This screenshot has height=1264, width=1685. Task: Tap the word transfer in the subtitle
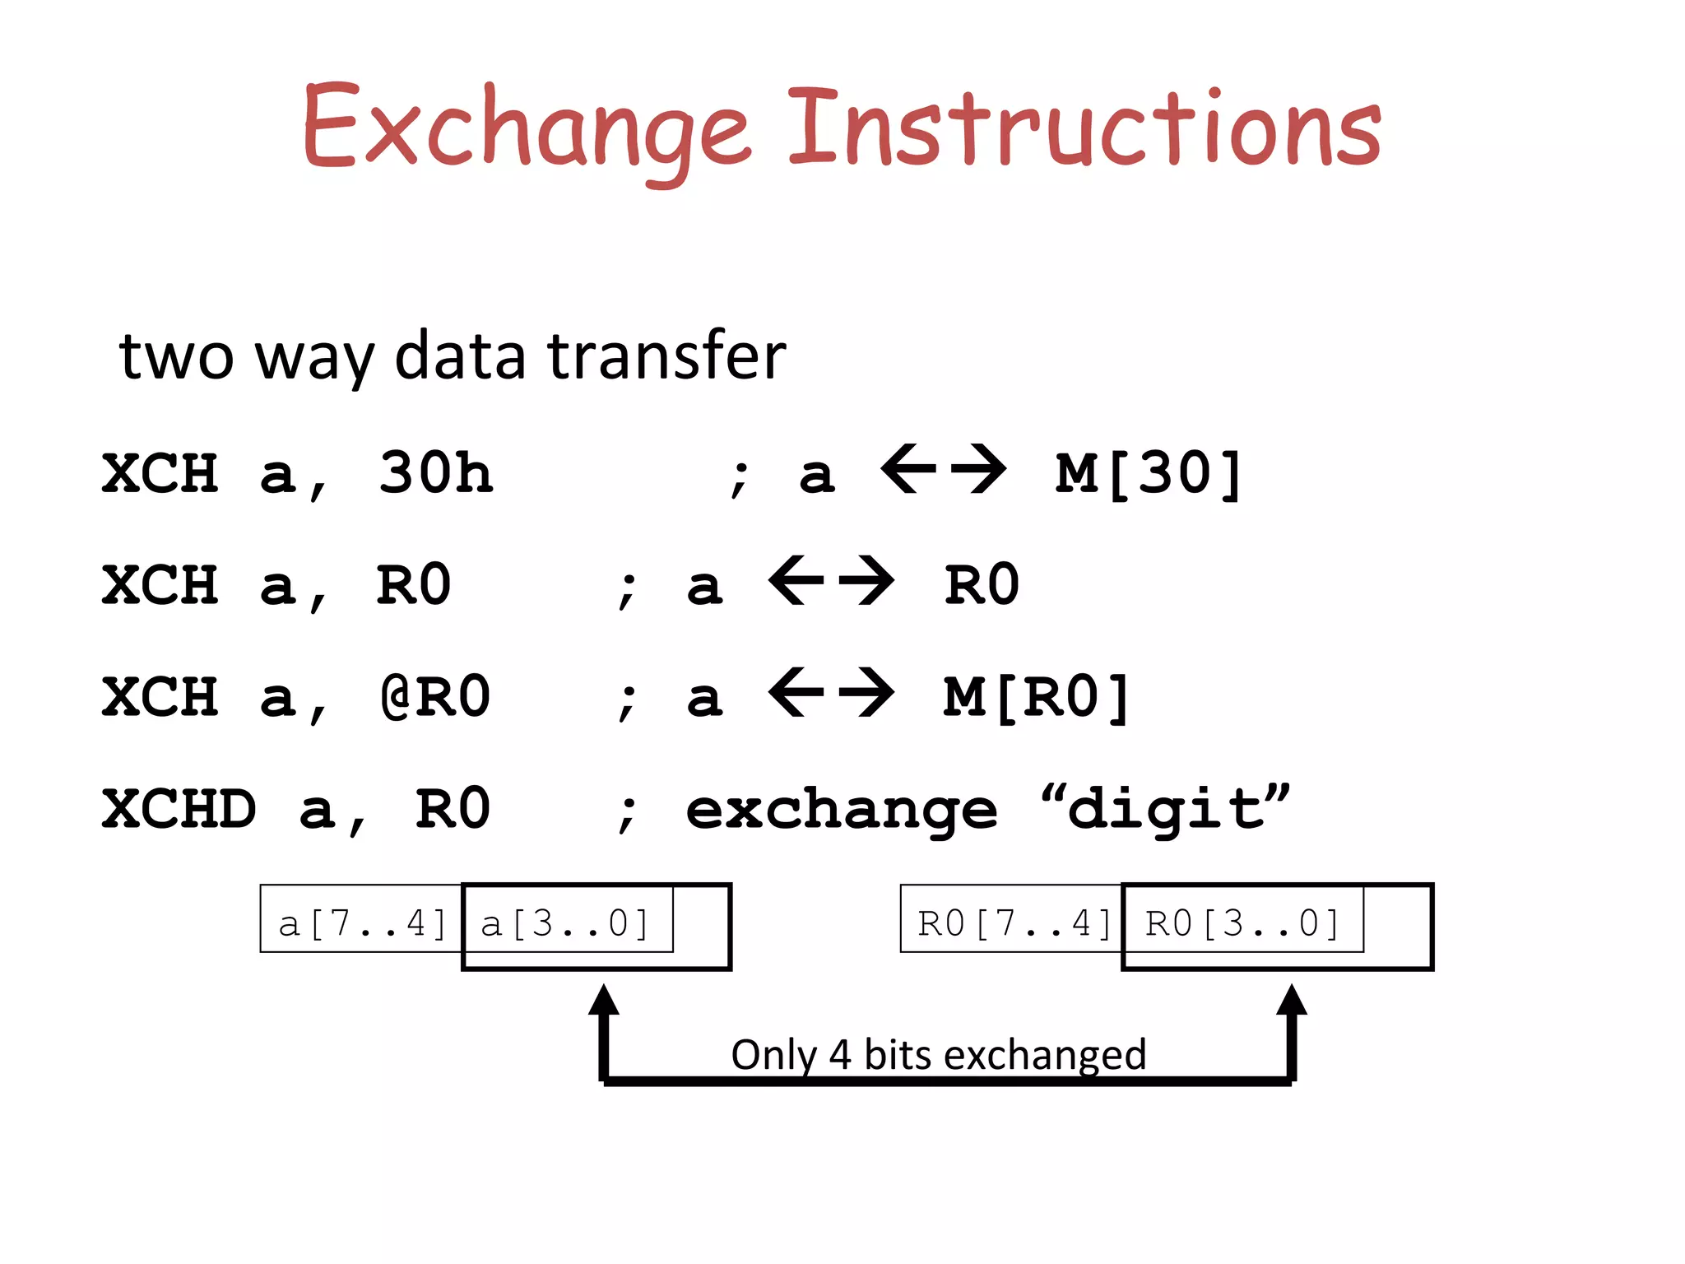666,355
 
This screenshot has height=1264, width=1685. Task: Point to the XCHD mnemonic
179,809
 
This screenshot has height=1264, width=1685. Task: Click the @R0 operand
435,697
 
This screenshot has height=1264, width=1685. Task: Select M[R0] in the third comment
1037,697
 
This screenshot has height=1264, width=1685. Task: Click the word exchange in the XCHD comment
841,811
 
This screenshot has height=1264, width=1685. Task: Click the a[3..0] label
565,923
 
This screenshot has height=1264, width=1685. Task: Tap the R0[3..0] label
1242,923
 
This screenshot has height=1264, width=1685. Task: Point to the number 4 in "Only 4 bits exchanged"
839,1055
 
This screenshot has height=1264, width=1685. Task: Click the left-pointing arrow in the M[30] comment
908,469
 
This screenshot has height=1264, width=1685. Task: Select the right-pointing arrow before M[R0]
866,693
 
